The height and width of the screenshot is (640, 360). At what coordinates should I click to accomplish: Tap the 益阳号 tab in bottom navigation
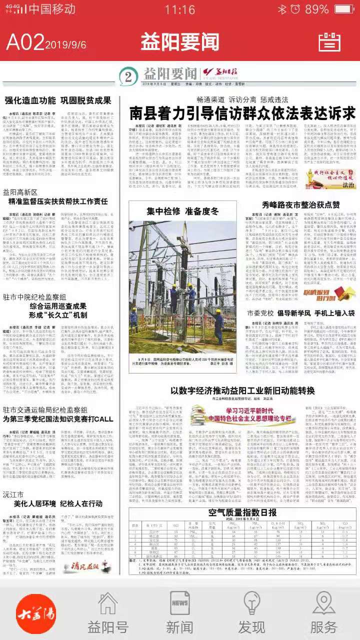(108, 613)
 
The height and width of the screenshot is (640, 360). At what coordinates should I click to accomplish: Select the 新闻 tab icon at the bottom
(179, 613)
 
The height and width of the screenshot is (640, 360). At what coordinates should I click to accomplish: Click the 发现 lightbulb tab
(251, 613)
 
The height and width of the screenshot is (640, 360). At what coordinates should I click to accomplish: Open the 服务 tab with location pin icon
(323, 613)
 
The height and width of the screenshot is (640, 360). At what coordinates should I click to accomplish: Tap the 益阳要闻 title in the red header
(179, 41)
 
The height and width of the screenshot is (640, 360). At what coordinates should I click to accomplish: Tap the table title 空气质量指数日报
(242, 498)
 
